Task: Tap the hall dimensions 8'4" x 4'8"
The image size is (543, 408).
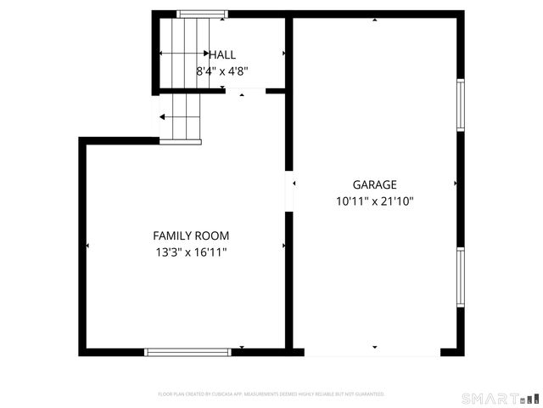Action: tap(222, 72)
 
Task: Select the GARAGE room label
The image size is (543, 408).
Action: tap(374, 184)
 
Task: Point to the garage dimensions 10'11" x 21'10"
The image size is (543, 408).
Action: tap(374, 201)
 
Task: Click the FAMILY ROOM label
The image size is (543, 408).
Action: tap(191, 235)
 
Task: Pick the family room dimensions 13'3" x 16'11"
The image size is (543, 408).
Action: tap(191, 252)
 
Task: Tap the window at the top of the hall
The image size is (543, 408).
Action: tap(202, 14)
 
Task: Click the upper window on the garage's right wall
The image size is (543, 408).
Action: tap(461, 105)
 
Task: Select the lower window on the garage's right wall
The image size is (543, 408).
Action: tap(461, 276)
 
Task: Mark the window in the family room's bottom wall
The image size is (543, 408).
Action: tap(188, 351)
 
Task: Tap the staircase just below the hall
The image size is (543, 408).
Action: tap(182, 117)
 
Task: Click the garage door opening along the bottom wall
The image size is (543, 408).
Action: tap(372, 352)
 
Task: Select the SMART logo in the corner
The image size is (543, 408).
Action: tap(500, 398)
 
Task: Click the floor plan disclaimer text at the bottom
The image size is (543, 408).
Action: tap(271, 394)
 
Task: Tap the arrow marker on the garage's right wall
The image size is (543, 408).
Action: tap(456, 183)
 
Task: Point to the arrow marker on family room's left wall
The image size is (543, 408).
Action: tap(87, 246)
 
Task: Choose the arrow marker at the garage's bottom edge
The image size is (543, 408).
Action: tap(374, 347)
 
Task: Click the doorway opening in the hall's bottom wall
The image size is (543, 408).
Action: tap(246, 91)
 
